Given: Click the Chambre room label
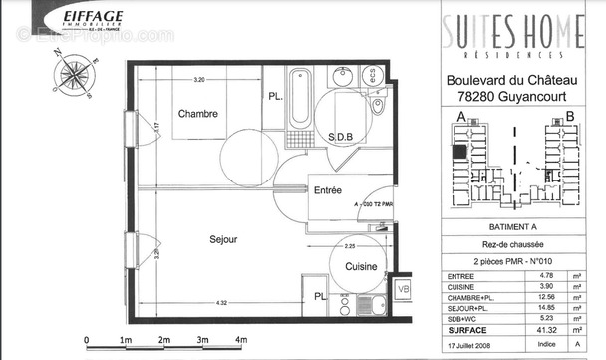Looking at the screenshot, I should (x=197, y=114).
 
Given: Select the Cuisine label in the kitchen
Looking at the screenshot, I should (x=360, y=267).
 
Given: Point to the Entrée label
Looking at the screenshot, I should (x=328, y=190).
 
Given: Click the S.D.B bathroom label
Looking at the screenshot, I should (x=340, y=137).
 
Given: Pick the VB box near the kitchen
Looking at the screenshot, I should (x=403, y=289).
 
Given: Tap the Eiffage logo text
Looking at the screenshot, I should (x=93, y=17).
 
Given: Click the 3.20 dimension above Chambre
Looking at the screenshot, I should (x=199, y=79).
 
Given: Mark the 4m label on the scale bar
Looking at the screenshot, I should (x=242, y=341).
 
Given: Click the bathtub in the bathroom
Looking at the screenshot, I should (x=299, y=100).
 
